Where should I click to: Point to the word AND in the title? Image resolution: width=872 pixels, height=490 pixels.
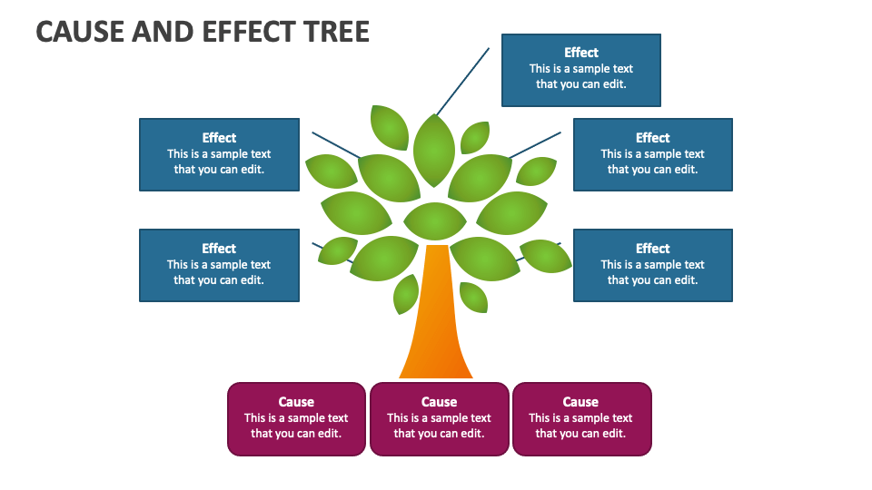pos(163,32)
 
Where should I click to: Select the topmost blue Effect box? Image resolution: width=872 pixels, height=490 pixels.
pos(581,70)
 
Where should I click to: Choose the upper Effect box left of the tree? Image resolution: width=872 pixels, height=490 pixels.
pos(219,154)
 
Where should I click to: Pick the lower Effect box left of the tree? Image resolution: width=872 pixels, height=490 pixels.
pos(219,266)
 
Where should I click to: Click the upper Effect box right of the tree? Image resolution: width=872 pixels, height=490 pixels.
pos(653,154)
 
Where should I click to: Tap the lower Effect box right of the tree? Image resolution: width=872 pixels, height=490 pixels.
pos(653,266)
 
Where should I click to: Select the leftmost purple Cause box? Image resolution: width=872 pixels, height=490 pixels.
pos(296,419)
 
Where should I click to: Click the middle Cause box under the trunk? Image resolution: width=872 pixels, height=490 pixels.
pos(440,419)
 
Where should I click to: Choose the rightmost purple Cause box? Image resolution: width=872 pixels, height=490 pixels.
pos(581,419)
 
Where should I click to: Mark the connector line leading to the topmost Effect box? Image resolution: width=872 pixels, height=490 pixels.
pos(462,82)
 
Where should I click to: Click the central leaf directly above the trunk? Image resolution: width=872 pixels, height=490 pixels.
pos(435,221)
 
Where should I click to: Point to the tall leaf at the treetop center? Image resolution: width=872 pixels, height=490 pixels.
pos(434,150)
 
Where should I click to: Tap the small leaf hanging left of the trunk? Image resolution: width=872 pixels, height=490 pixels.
pos(406,294)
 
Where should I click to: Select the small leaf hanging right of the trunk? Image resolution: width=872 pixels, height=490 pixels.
pos(474,298)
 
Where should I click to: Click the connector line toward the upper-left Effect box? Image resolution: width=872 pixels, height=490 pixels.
pos(336,145)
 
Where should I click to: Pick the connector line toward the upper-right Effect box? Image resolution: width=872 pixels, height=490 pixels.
pos(535,145)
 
